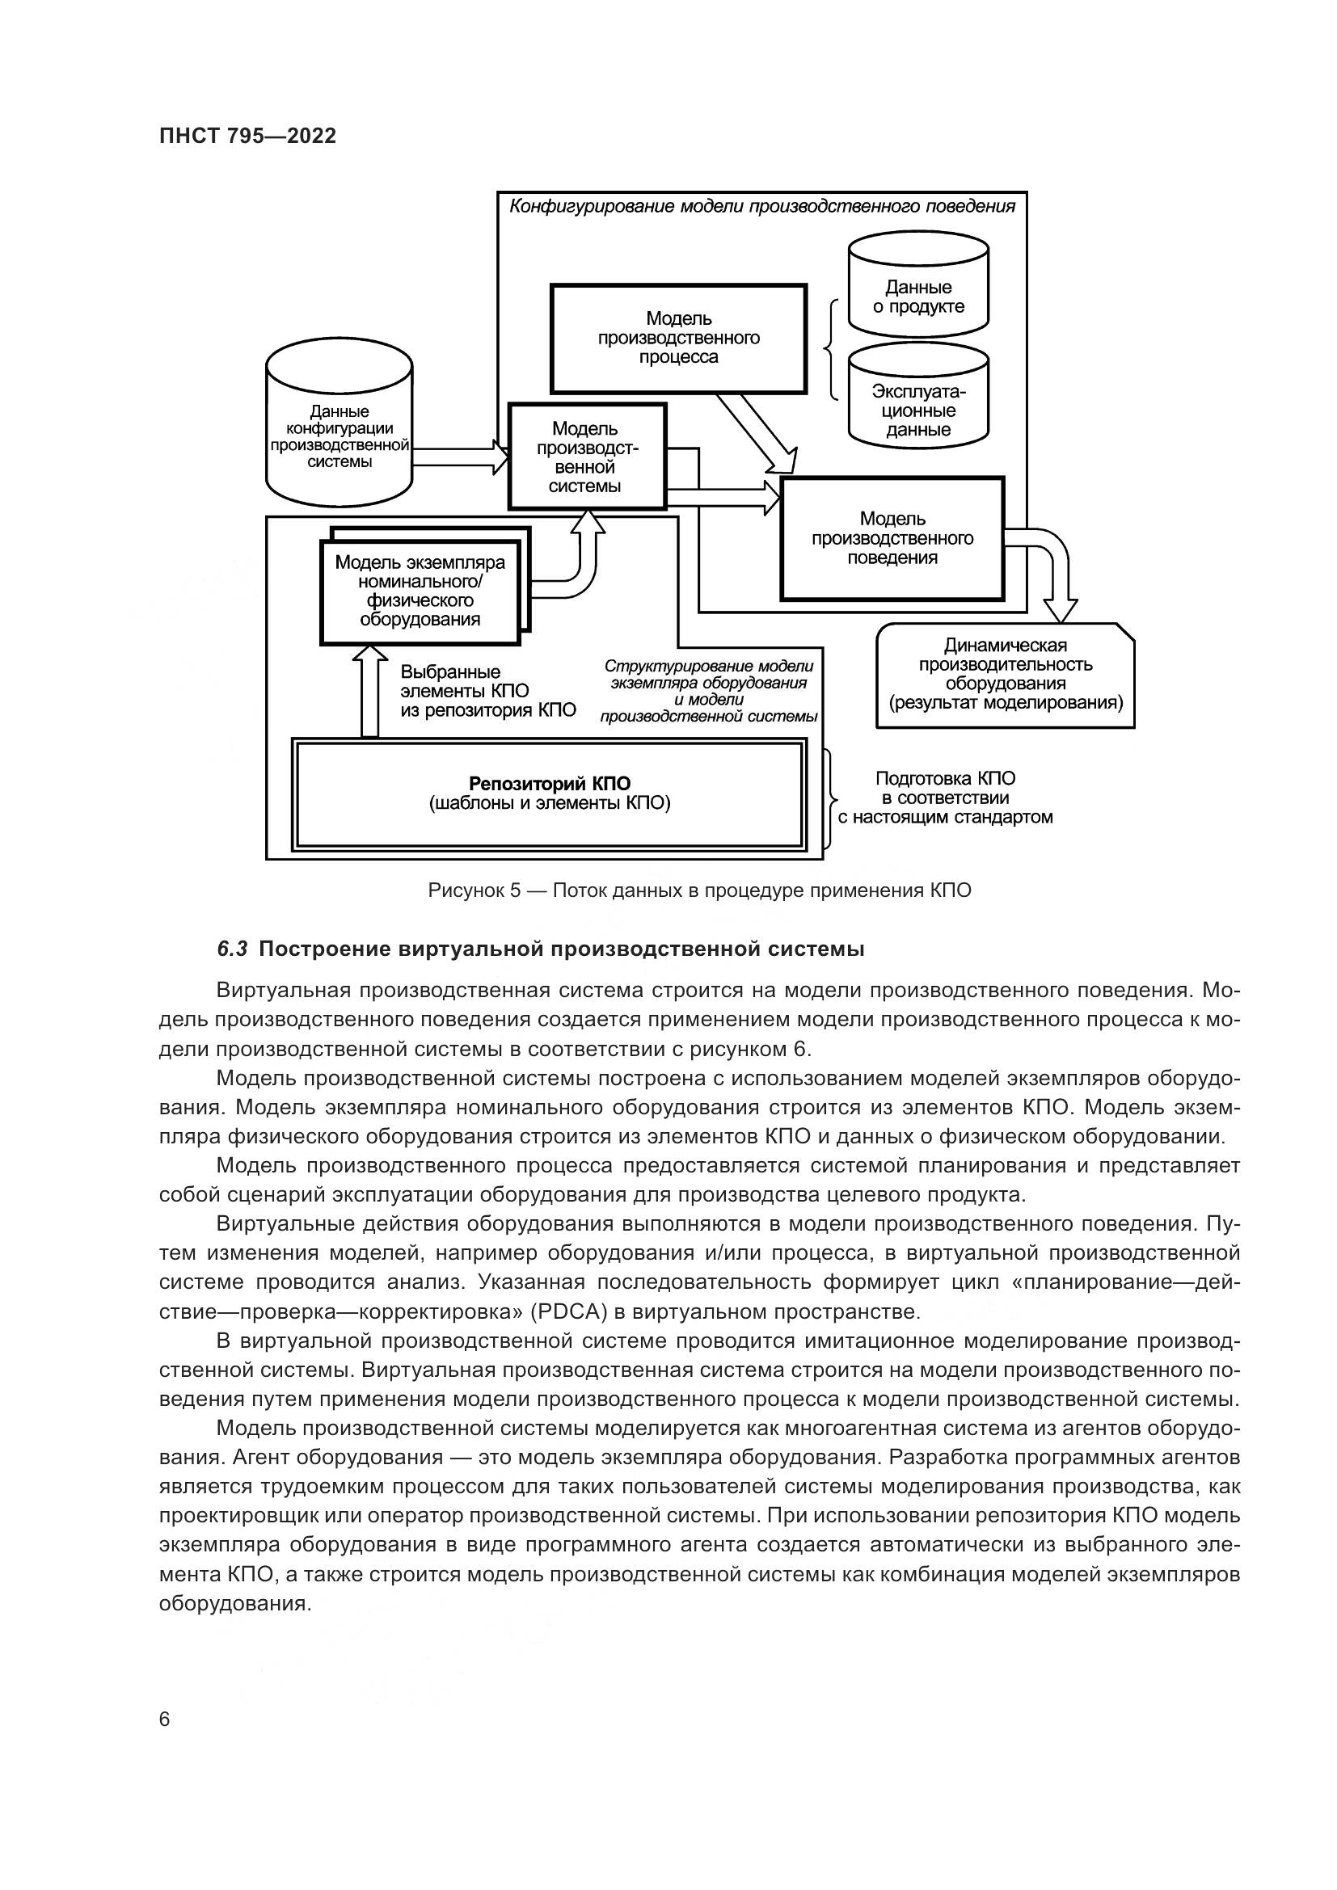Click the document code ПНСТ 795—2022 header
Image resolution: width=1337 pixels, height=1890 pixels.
(247, 136)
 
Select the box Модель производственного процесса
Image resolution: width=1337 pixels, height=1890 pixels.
(677, 339)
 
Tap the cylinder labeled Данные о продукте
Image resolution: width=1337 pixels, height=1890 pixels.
(918, 297)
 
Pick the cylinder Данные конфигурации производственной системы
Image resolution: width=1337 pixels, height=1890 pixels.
(340, 436)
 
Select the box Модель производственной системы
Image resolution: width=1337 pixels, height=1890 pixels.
(585, 457)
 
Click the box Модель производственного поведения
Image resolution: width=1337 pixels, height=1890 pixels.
(892, 538)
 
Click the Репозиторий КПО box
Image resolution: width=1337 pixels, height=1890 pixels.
(549, 793)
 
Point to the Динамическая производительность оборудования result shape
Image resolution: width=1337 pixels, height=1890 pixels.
(1005, 675)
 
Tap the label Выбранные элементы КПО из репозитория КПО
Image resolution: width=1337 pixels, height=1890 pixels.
(487, 692)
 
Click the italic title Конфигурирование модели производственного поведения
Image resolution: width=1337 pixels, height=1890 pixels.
(761, 206)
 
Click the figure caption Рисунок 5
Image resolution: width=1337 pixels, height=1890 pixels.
(699, 890)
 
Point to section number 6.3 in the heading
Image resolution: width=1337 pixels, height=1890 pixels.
(232, 949)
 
